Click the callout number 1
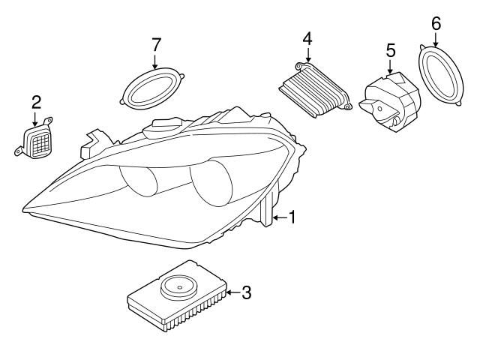click(292, 217)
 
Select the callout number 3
click(245, 292)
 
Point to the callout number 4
click(307, 37)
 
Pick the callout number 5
click(390, 50)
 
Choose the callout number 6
click(436, 23)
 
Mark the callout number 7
click(156, 44)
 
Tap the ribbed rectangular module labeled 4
click(315, 90)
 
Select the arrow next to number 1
click(278, 217)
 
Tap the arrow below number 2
click(35, 118)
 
